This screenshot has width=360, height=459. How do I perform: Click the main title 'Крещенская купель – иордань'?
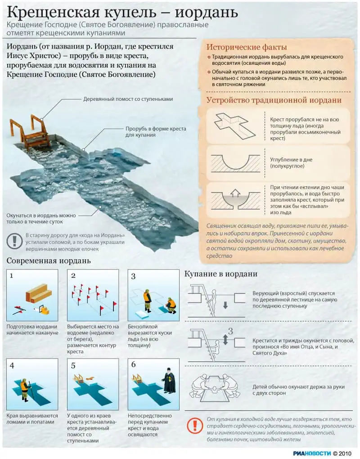click(122, 12)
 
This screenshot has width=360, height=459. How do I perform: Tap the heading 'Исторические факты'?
click(247, 47)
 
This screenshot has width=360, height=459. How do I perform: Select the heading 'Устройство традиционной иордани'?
click(274, 100)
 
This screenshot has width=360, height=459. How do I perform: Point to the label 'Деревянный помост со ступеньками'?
click(128, 99)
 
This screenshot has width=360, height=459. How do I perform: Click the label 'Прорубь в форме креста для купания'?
click(155, 131)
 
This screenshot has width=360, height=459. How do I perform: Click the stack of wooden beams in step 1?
click(38, 293)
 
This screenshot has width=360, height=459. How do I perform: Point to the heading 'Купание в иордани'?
click(221, 274)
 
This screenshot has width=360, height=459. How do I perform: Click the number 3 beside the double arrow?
click(230, 332)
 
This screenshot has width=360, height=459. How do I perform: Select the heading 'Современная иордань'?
click(49, 261)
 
